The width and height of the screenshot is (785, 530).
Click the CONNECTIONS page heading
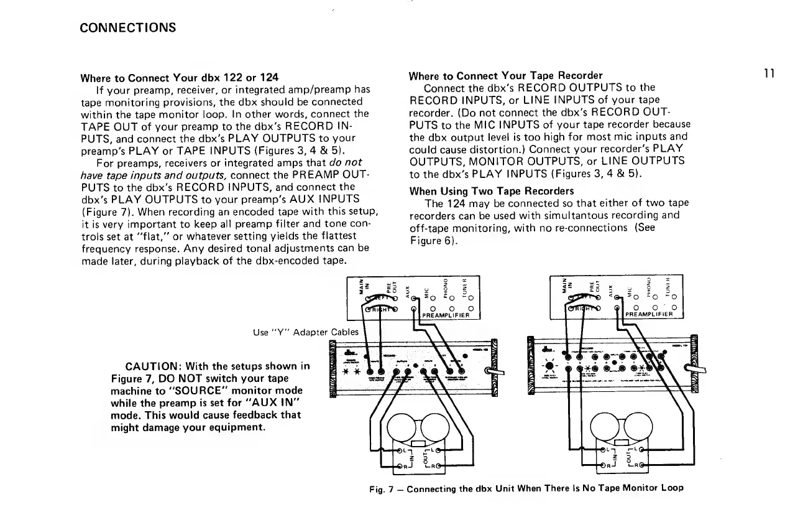coord(129,28)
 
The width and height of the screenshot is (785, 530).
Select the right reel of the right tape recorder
coord(621,429)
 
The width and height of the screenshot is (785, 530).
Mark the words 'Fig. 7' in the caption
coord(379,488)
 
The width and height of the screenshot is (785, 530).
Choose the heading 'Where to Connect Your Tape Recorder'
coord(504,77)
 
